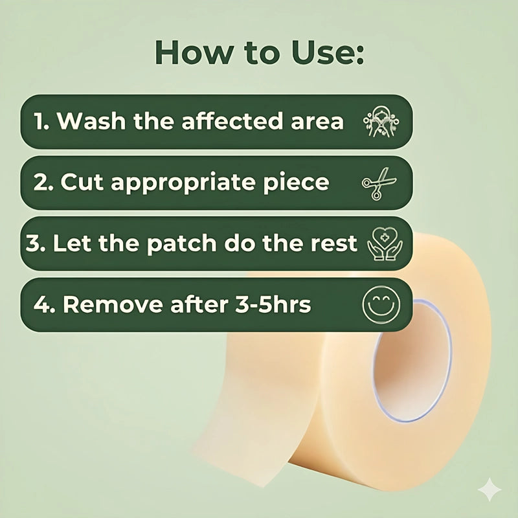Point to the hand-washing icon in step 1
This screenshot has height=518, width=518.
(381, 122)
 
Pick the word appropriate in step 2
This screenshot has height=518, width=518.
(183, 183)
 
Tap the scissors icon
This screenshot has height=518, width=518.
(379, 184)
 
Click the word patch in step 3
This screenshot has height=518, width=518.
(181, 244)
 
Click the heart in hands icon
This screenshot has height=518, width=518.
(385, 243)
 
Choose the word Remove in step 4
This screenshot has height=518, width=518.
(113, 304)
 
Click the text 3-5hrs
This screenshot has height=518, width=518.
(273, 304)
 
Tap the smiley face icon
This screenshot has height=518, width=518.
(381, 304)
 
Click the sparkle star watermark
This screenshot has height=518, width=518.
(490, 490)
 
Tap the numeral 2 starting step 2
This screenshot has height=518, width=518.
(41, 182)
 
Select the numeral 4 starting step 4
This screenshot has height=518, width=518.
(41, 304)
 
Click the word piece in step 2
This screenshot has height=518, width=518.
(296, 183)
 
